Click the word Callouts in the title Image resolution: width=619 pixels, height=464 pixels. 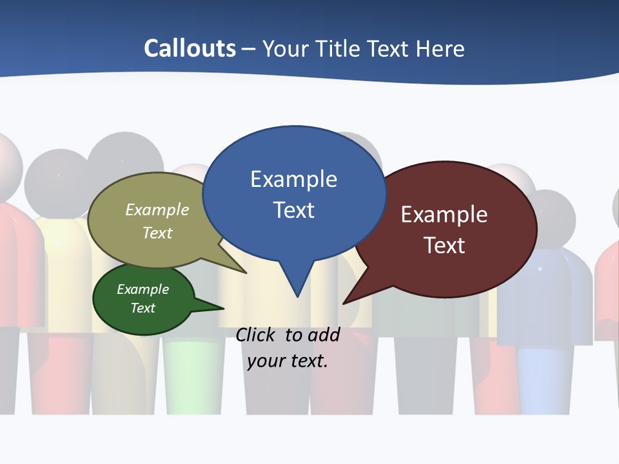coord(190,48)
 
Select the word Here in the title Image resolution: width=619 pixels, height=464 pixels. coord(440,48)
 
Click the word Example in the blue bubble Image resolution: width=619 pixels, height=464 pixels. coord(293,179)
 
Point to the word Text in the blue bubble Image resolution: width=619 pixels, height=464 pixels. coord(293,209)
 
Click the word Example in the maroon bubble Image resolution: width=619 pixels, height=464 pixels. coord(444,215)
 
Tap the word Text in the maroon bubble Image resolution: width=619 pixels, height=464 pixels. coord(444,245)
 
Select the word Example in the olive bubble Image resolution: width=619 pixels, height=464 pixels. coord(157,209)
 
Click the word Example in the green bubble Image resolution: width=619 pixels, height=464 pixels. coord(143,289)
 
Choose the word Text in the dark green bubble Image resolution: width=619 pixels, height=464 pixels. coord(143,307)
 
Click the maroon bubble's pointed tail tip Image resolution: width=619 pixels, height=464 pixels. coord(344,302)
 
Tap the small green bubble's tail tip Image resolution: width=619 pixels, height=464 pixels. coord(222,308)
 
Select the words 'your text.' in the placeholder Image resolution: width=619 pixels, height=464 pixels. coord(288,360)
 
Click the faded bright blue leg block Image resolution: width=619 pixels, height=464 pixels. coord(545,380)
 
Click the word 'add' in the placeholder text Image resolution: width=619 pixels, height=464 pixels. coord(323,334)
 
